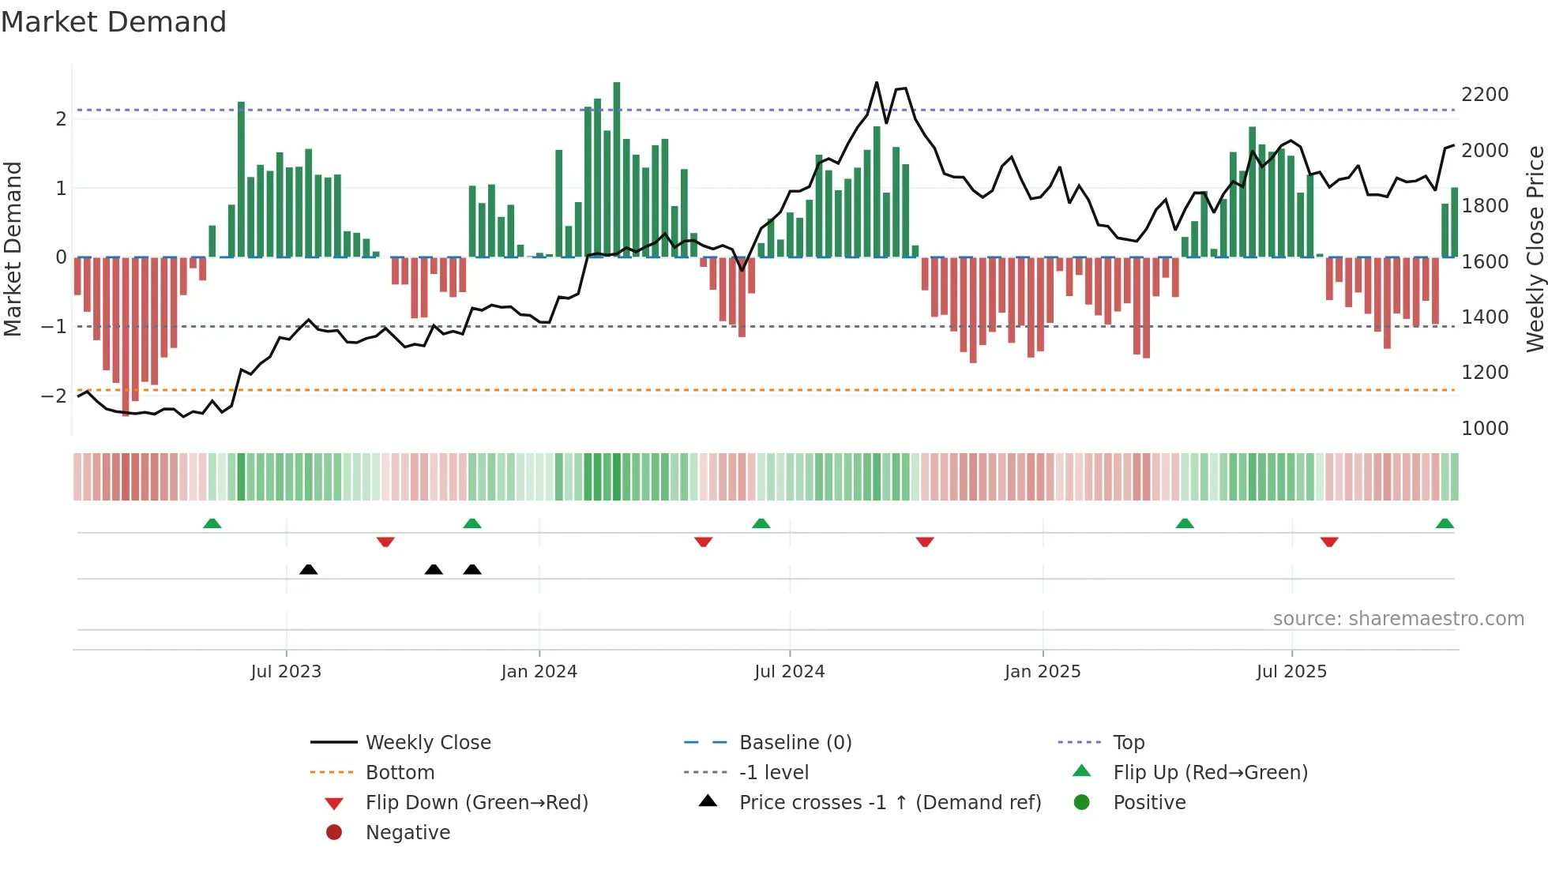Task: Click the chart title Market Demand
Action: point(114,22)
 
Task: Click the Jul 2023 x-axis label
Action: point(286,672)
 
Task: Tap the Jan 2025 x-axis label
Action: point(1043,672)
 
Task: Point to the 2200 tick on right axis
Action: point(1485,95)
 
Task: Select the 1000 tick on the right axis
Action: point(1485,429)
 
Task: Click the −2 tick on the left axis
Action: point(54,396)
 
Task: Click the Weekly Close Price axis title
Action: point(1535,249)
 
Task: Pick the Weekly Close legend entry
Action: point(427,743)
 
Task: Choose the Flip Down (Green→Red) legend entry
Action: point(476,803)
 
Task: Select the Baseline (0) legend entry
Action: point(795,743)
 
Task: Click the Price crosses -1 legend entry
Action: point(889,803)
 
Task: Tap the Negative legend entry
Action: point(408,833)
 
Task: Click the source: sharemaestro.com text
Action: point(1398,619)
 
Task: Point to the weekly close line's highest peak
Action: point(877,83)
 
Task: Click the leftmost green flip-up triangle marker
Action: point(212,523)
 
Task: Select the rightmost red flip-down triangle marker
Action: point(1329,542)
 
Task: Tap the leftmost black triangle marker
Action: point(309,569)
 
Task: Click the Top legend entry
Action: point(1128,743)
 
